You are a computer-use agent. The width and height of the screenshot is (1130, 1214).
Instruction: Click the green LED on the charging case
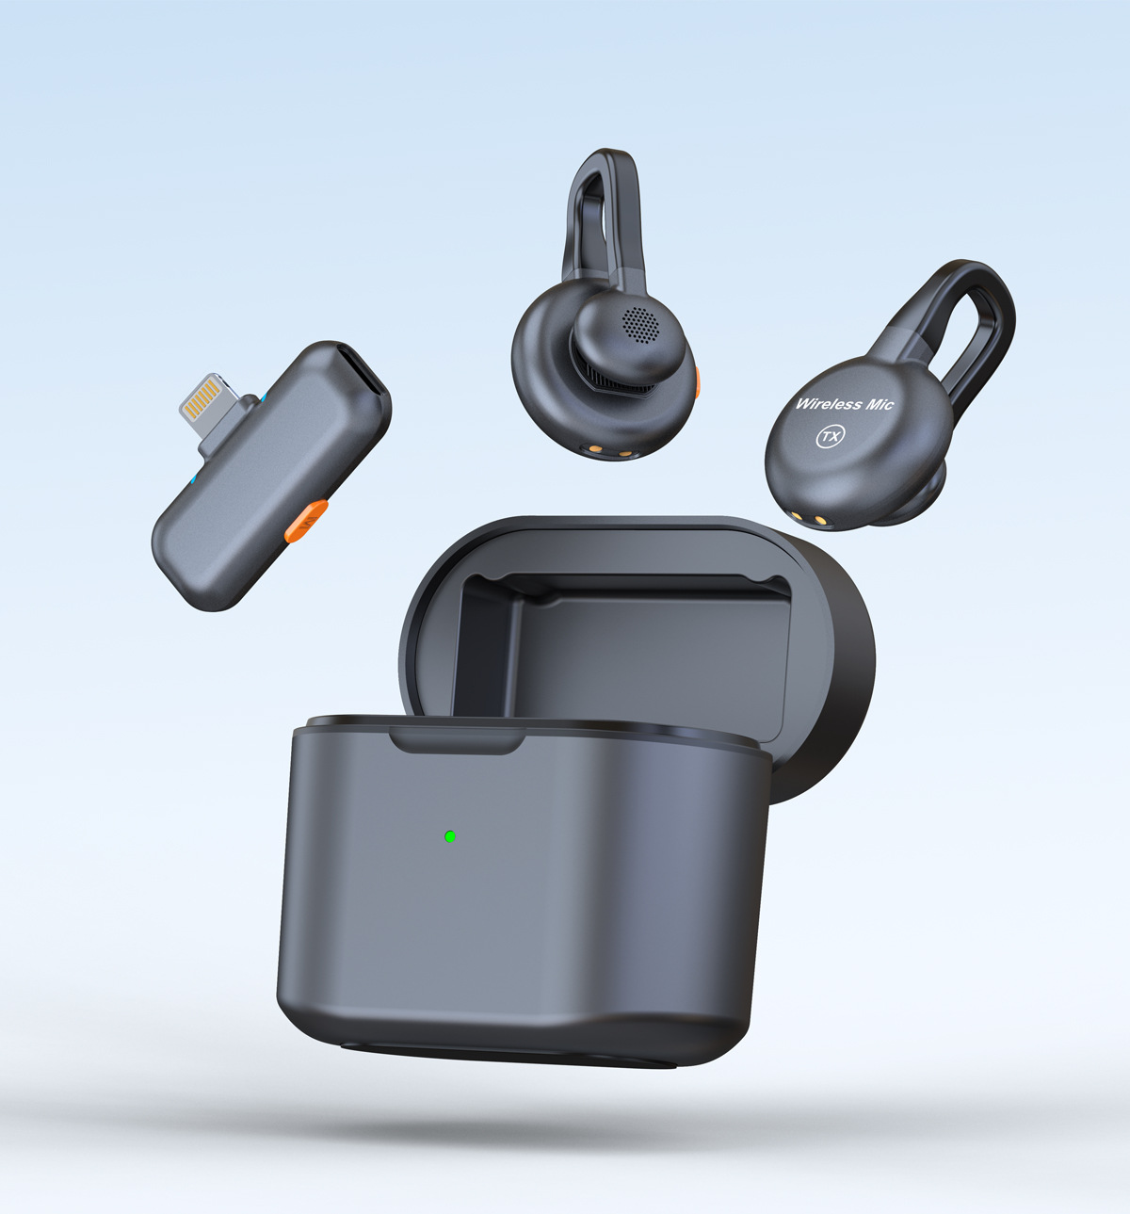click(450, 837)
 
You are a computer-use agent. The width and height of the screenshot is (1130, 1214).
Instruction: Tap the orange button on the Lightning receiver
click(306, 521)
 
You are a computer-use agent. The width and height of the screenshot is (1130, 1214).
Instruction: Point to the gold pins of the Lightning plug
click(202, 396)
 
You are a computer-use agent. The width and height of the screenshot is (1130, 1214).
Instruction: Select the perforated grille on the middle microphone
click(640, 323)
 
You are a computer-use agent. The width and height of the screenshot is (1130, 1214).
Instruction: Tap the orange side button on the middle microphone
click(697, 382)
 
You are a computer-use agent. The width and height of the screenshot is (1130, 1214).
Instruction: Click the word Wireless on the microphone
click(828, 404)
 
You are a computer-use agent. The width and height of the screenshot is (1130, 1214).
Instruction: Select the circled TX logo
click(831, 436)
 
